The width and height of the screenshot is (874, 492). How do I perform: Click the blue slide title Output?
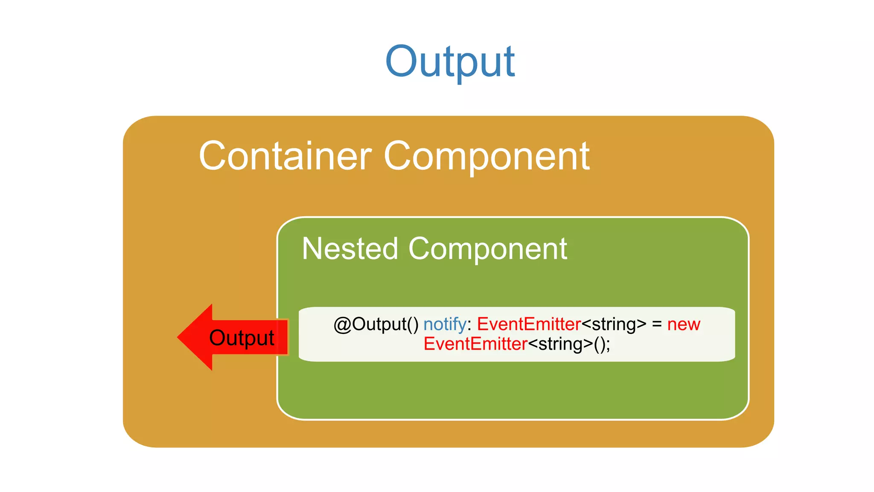(x=450, y=62)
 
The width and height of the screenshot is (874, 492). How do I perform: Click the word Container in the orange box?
(x=285, y=156)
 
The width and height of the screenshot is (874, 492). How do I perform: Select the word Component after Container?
(x=487, y=157)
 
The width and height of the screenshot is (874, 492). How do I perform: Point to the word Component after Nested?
(x=487, y=249)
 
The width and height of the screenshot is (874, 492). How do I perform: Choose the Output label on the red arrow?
(x=242, y=338)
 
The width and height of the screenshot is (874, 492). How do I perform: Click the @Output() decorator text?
(x=376, y=324)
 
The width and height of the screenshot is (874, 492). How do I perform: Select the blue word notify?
(x=445, y=325)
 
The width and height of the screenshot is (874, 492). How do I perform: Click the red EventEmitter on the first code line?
(x=529, y=324)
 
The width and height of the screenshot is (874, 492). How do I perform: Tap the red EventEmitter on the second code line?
(x=475, y=344)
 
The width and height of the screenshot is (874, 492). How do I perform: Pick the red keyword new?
(x=684, y=325)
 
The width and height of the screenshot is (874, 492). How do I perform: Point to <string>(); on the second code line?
(x=568, y=344)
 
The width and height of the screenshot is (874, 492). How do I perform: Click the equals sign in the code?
(x=657, y=325)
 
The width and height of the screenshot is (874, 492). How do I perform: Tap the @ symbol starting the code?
(x=342, y=324)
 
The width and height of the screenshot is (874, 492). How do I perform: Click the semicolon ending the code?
(x=608, y=345)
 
